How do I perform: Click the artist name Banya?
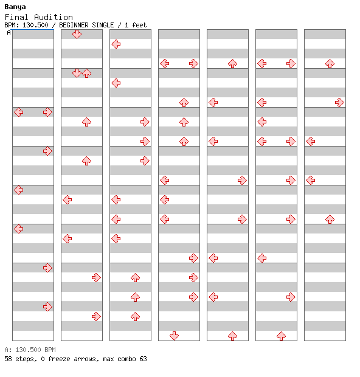(x=15, y=7)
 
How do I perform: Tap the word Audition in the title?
(x=53, y=17)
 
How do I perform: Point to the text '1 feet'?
(x=136, y=25)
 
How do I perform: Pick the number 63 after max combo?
(x=143, y=359)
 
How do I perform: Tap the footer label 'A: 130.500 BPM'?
(x=30, y=350)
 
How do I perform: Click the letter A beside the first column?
(x=9, y=32)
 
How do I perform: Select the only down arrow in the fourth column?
(x=174, y=336)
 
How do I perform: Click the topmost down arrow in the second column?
(x=77, y=34)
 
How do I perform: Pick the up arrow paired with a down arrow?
(x=86, y=73)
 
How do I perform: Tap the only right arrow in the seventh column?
(x=339, y=102)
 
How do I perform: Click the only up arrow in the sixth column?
(x=281, y=336)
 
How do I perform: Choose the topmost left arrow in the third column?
(x=116, y=44)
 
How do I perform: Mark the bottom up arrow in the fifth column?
(x=232, y=336)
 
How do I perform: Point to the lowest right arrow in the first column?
(x=47, y=306)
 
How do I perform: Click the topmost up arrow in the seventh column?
(x=330, y=63)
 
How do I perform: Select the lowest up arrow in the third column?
(x=135, y=316)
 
